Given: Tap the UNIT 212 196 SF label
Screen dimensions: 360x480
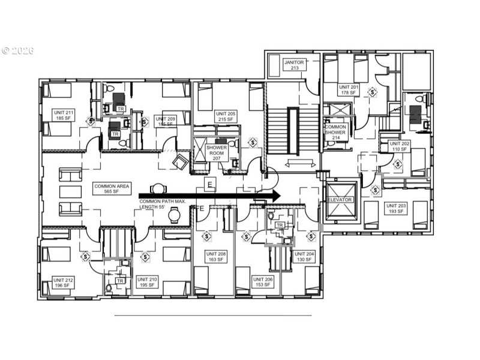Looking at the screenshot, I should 63,282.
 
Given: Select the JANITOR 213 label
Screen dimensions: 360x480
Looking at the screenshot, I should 294,65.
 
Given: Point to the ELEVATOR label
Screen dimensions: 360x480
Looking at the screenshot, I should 339,199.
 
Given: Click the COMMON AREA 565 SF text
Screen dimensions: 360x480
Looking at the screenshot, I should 109,190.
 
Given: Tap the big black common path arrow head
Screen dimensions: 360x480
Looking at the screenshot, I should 275,195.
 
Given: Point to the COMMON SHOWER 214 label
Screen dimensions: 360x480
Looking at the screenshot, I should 335,131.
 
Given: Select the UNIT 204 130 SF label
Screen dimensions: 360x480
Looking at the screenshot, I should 305,256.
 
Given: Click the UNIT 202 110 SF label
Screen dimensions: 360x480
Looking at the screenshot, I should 399,146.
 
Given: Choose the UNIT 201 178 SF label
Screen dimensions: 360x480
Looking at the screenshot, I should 349,89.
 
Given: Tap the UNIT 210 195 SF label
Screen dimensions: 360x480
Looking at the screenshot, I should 147,282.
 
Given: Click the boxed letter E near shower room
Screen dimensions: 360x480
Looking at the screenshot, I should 209,185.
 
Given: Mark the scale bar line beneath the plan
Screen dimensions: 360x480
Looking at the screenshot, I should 213,315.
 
